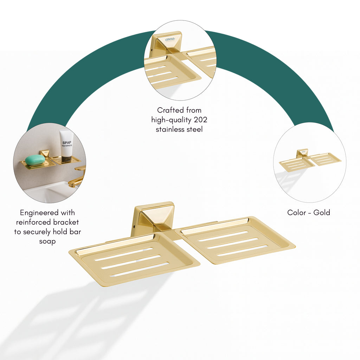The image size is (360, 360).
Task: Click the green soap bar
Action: pyautogui.click(x=35, y=160)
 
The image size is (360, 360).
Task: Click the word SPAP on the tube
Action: pyautogui.click(x=67, y=143)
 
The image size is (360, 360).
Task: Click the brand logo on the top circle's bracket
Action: pyautogui.click(x=170, y=39)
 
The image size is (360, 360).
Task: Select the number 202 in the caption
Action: pyautogui.click(x=200, y=120)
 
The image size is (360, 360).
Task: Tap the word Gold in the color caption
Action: pyautogui.click(x=322, y=212)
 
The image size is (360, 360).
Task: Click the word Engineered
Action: pyautogui.click(x=36, y=213)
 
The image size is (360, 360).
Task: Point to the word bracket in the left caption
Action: pyautogui.click(x=66, y=222)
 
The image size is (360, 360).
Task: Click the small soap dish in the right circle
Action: pyautogui.click(x=310, y=160)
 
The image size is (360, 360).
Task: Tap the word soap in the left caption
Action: pyautogui.click(x=47, y=242)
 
